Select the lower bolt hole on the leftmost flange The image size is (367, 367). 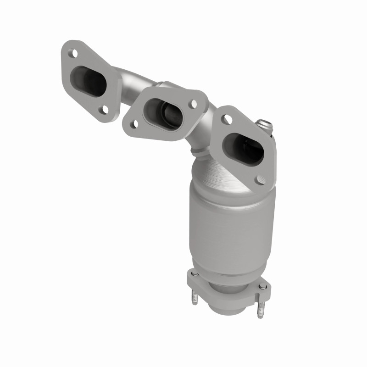pyautogui.click(x=106, y=109)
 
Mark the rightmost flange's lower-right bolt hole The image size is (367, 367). pyautogui.click(x=261, y=180)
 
